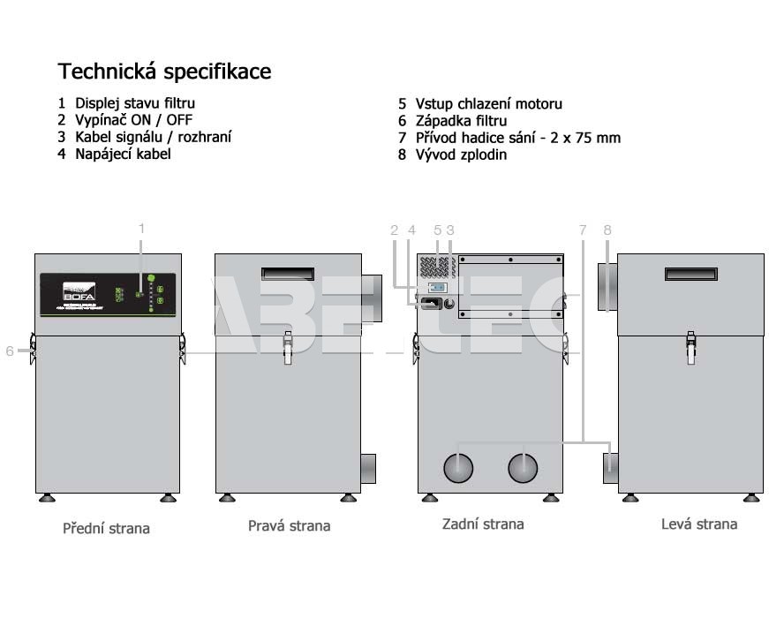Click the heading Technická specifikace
pos(164,71)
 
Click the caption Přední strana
pos(106,529)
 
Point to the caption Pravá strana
pos(289,526)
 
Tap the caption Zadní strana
pos(482,524)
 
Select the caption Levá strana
pos(698,524)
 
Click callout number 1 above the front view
pos(141,228)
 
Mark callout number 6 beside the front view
pos(10,351)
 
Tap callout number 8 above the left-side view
pos(607,230)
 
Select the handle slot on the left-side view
pos(690,276)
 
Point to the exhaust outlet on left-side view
pos(607,286)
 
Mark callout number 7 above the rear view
pos(582,230)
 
